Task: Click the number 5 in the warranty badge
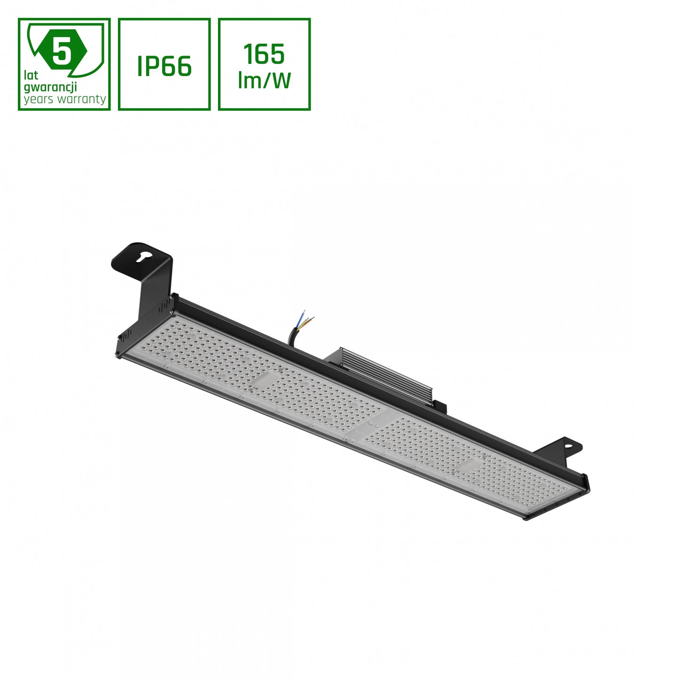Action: [x=61, y=51]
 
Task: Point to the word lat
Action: [x=31, y=75]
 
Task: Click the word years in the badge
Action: [x=39, y=99]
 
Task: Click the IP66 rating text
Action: [x=164, y=66]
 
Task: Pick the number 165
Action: [x=264, y=55]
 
